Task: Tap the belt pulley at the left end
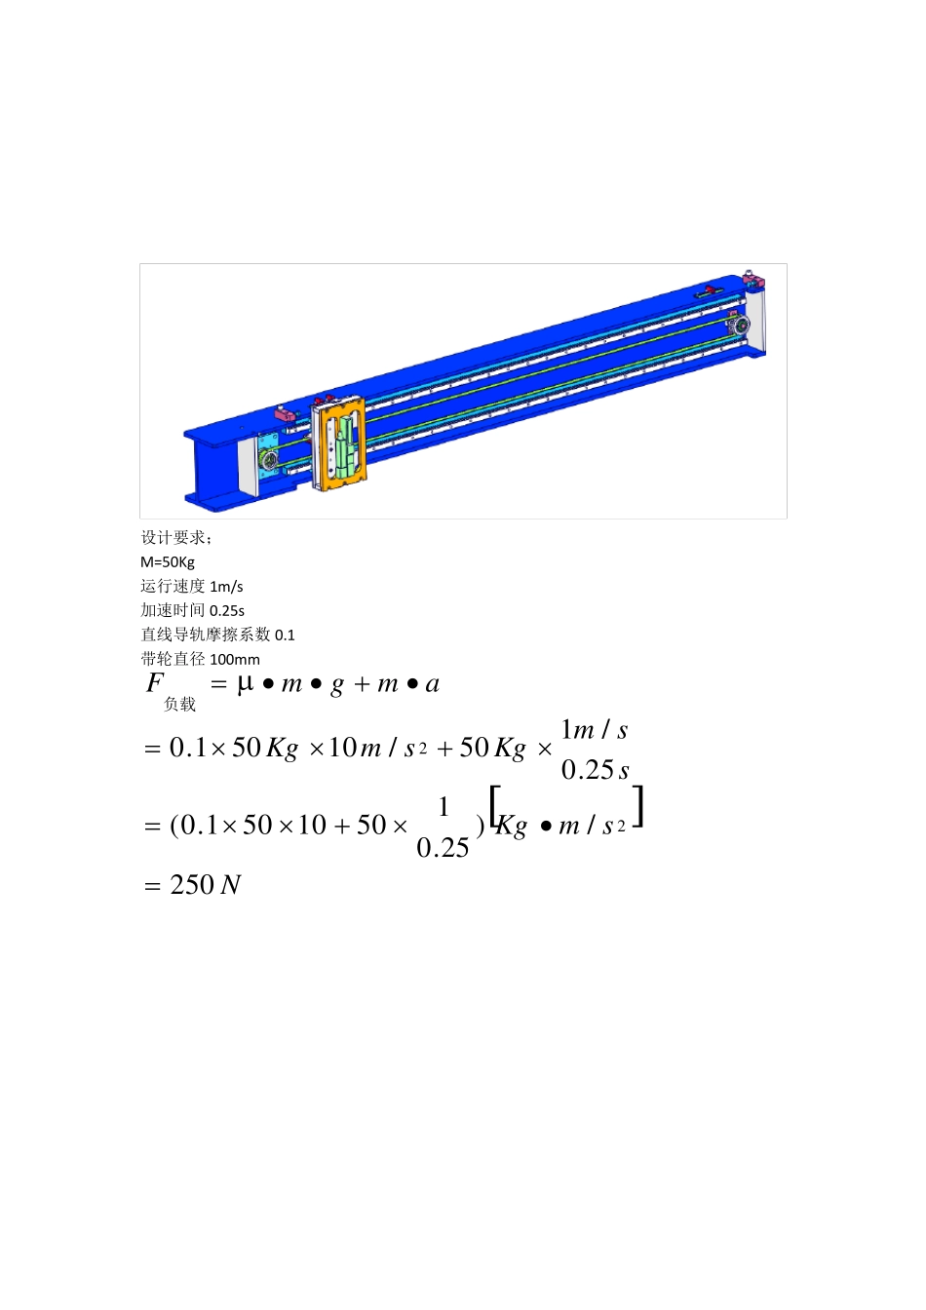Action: click(270, 460)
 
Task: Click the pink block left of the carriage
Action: click(285, 414)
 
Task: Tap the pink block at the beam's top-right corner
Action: click(752, 282)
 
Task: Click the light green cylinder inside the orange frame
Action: click(344, 445)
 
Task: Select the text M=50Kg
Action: click(168, 562)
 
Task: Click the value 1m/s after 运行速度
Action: click(226, 587)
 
